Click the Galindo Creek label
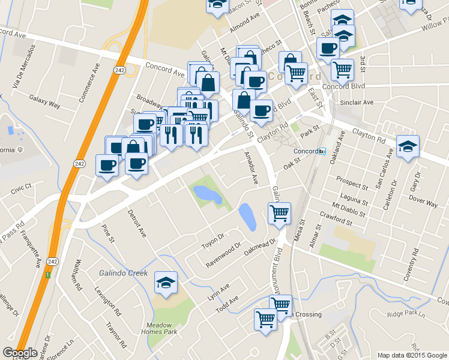pos(123,273)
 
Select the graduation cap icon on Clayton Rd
pos(408,147)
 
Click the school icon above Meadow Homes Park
pos(166,283)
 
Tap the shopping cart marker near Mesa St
pos(279,212)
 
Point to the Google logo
pos(20,353)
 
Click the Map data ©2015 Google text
pos(412,355)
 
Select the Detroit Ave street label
pos(137,223)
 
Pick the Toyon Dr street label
pos(212,241)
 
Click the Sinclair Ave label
pos(357,103)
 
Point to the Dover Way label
pos(423,204)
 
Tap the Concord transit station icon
pos(322,151)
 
